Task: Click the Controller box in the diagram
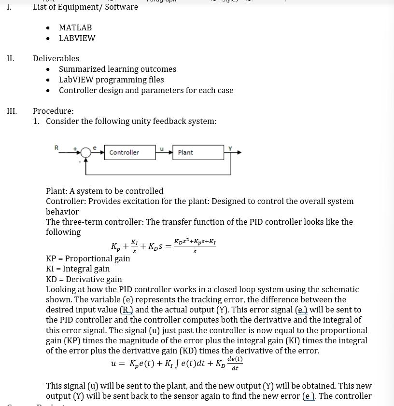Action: [x=129, y=152]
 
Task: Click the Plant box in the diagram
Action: [x=197, y=152]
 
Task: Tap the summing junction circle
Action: [x=85, y=153]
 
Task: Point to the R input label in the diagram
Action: [x=56, y=148]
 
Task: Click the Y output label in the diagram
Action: [x=230, y=148]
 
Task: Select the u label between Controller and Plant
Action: [x=162, y=149]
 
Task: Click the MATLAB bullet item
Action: [x=75, y=27]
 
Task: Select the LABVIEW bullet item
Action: [x=77, y=38]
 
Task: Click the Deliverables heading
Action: [x=56, y=58]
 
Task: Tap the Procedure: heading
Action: [x=53, y=111]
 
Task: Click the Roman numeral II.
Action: [x=11, y=58]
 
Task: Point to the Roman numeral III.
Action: [x=12, y=111]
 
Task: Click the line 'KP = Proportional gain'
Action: [x=88, y=258]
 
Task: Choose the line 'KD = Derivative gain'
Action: [x=84, y=279]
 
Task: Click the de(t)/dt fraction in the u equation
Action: [x=235, y=364]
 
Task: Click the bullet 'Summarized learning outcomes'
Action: [x=117, y=69]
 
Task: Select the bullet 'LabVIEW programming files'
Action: [x=111, y=80]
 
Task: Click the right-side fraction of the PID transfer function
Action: [x=195, y=246]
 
